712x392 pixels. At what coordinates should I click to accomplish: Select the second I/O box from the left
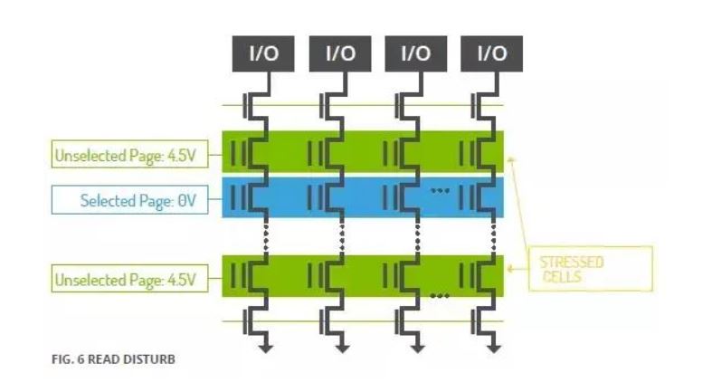(x=338, y=54)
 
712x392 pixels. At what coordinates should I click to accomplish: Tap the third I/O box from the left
(x=415, y=54)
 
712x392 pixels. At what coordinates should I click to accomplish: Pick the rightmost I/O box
(x=491, y=54)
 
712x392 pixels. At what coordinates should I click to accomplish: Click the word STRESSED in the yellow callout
(x=571, y=263)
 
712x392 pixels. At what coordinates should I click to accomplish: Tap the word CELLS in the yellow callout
(x=563, y=275)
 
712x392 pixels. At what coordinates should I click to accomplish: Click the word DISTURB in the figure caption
(x=150, y=359)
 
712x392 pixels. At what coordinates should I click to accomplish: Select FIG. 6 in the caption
(x=68, y=359)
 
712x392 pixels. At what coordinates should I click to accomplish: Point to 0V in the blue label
(x=186, y=201)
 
